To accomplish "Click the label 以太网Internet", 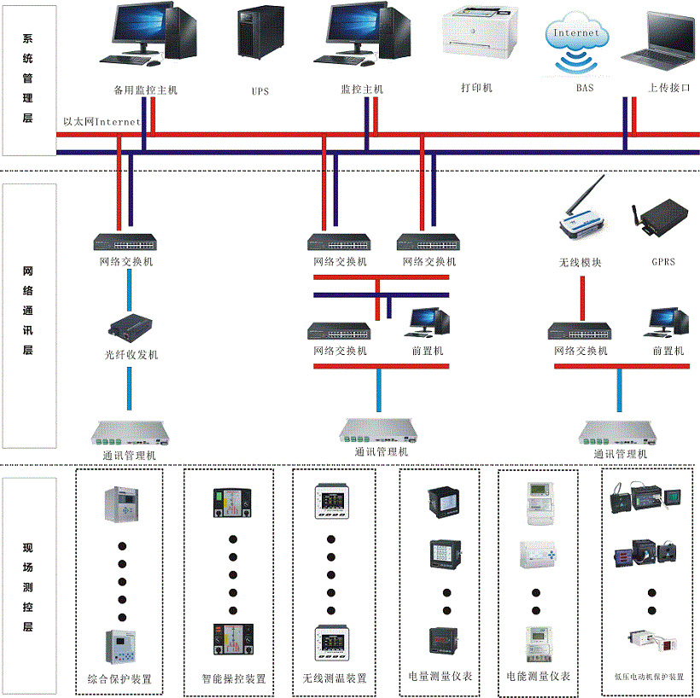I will (x=102, y=122).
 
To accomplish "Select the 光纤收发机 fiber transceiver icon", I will (x=130, y=328).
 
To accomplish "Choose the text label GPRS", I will (x=662, y=262).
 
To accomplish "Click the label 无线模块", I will (x=580, y=262).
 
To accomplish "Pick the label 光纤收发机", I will (x=130, y=354).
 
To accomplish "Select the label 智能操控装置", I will (x=233, y=679).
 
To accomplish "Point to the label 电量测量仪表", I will (x=440, y=677).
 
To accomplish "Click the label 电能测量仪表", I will (x=538, y=677).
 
